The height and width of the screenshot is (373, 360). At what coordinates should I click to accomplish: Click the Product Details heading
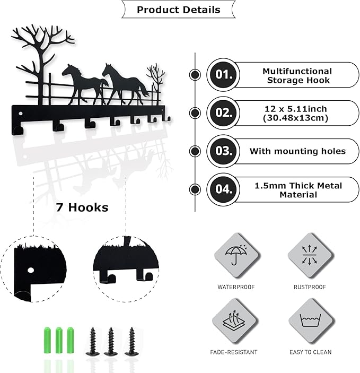(x=179, y=10)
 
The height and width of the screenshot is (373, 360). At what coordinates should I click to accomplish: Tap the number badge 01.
(x=223, y=75)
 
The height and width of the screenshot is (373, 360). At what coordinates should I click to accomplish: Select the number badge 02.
(x=223, y=113)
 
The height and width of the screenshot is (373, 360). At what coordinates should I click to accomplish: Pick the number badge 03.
(x=223, y=151)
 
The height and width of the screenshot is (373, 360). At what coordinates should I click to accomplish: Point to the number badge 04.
(x=223, y=189)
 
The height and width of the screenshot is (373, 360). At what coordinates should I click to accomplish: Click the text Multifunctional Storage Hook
(x=297, y=76)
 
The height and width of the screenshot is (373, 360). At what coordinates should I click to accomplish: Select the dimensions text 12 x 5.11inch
(x=296, y=109)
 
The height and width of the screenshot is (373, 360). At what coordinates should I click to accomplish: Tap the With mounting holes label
(x=297, y=151)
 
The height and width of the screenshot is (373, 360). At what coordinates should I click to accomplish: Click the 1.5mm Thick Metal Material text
(x=298, y=190)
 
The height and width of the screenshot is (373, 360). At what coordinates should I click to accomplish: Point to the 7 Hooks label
(x=82, y=207)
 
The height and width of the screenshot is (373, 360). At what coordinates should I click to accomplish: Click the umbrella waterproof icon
(x=236, y=255)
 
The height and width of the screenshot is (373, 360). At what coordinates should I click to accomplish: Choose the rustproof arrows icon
(x=309, y=255)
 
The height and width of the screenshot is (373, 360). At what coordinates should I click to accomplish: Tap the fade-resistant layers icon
(x=234, y=320)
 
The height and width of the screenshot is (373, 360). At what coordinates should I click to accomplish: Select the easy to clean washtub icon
(x=311, y=320)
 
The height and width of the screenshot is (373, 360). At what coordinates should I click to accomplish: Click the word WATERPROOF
(x=236, y=287)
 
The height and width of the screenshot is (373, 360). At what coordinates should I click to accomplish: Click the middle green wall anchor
(x=59, y=341)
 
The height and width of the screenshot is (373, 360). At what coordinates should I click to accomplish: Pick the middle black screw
(x=110, y=342)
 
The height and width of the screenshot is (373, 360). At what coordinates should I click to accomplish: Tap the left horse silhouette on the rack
(x=84, y=84)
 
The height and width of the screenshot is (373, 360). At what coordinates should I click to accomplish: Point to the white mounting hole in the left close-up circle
(x=31, y=270)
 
